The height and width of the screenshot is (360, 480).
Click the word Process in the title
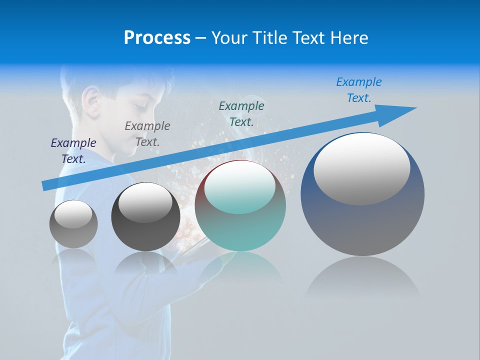click(x=157, y=38)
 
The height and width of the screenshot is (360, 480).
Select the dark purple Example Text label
click(x=73, y=150)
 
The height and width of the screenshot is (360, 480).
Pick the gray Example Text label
click(x=147, y=133)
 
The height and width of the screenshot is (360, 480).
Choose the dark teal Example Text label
click(x=241, y=113)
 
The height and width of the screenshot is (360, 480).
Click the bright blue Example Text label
click(x=359, y=89)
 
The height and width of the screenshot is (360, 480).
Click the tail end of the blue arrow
click(x=46, y=185)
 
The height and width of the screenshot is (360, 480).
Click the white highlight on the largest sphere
click(x=362, y=168)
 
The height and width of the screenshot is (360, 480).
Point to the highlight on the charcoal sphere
click(x=145, y=202)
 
